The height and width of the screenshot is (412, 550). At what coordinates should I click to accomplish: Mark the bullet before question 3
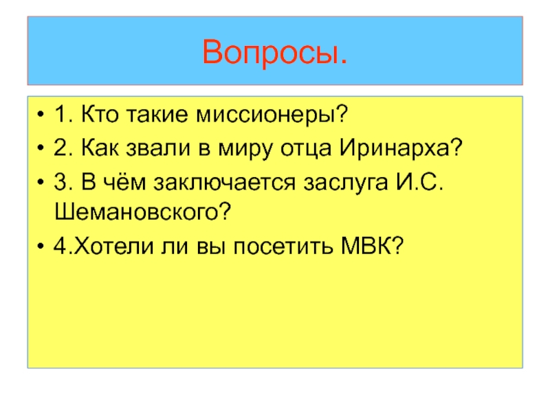click(x=43, y=182)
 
